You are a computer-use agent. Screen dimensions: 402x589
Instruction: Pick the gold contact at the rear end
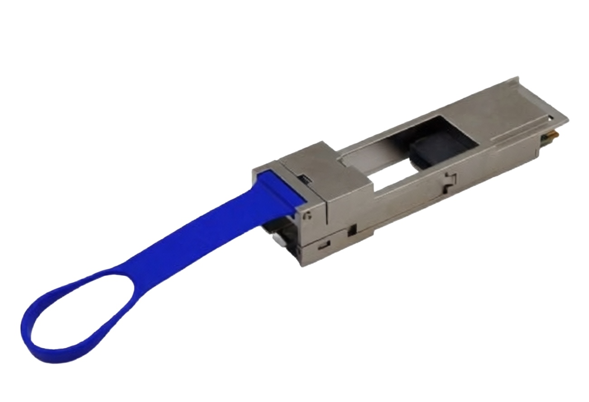click(x=555, y=134)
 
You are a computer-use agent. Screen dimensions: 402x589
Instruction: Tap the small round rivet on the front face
click(x=308, y=216)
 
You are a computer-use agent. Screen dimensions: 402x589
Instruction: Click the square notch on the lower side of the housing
click(x=351, y=232)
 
